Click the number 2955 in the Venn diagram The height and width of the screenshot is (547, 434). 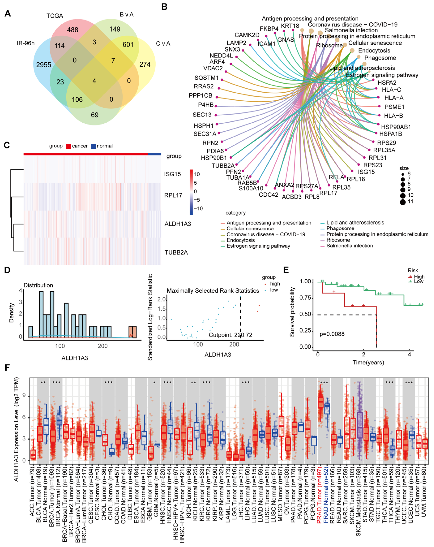coord(44,65)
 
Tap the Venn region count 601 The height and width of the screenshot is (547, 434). coord(128,45)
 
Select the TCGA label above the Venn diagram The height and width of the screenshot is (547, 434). coord(55,16)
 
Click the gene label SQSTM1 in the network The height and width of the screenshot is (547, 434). coord(206,78)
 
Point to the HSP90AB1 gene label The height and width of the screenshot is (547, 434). coord(396,127)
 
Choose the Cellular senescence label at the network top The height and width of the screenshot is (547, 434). coord(375,43)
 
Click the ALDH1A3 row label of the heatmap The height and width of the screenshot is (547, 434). coord(178,224)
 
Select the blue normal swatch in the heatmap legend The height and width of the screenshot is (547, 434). coord(93,146)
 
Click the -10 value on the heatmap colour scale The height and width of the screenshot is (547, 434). coord(198,209)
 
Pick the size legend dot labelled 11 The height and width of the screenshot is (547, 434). coord(403,202)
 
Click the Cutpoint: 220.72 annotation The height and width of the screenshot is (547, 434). coord(230,335)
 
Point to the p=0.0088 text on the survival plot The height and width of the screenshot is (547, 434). coord(332,334)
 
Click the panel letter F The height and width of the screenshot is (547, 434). coord(7,368)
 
